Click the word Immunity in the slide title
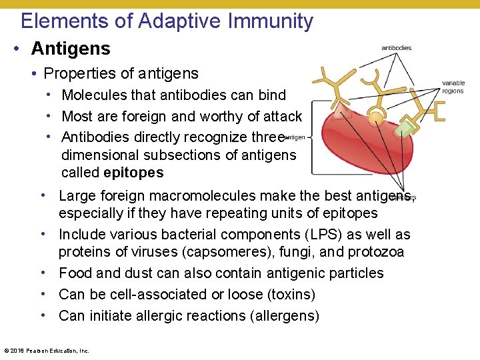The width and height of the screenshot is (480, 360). coord(270,21)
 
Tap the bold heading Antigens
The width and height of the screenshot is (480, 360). coord(71,49)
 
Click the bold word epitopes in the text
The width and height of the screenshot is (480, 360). coord(133,173)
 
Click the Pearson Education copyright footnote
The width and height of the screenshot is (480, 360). coord(47,350)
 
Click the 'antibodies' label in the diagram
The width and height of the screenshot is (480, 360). coord(396,48)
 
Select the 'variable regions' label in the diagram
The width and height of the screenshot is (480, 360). coord(453,87)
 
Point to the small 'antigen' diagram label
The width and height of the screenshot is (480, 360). coord(295,137)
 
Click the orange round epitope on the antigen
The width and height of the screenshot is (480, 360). coord(377,118)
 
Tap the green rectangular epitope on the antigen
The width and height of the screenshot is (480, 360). coord(405,127)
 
